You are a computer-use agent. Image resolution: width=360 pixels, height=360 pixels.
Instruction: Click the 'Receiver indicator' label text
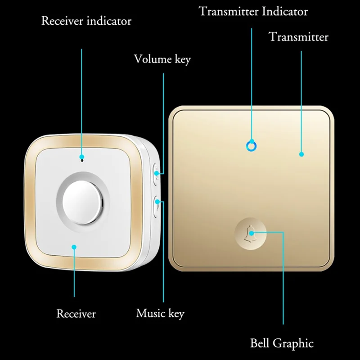(x=86, y=21)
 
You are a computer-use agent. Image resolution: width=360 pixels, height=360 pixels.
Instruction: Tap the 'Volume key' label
(x=162, y=59)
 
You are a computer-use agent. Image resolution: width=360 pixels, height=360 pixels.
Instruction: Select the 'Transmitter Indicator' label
(x=253, y=11)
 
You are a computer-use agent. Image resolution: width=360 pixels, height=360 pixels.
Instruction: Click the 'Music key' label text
(x=160, y=313)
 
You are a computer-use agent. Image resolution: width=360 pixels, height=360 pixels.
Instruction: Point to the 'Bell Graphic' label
(x=282, y=343)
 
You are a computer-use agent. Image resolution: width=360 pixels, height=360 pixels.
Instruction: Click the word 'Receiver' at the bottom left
(x=76, y=313)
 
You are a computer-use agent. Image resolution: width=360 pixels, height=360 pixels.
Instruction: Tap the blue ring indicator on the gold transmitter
(x=251, y=145)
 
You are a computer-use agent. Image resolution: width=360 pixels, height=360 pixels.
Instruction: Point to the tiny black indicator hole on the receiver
(x=82, y=158)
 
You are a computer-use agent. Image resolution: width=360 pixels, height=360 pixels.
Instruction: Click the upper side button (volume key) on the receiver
(x=156, y=173)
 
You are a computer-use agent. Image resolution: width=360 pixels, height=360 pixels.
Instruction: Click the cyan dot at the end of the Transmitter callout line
(x=301, y=154)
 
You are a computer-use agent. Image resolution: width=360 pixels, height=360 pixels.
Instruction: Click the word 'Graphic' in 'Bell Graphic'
(x=294, y=343)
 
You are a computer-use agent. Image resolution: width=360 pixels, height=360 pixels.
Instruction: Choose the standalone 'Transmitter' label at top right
(x=298, y=36)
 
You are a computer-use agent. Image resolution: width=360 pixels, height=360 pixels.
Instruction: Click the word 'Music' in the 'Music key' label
(x=150, y=313)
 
